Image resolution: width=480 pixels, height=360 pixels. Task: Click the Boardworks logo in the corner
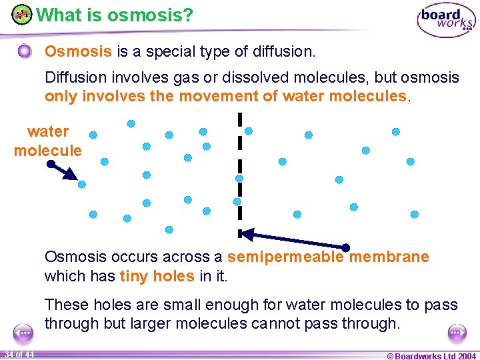coord(446,21)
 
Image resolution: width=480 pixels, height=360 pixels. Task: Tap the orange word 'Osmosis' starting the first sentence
coord(69,51)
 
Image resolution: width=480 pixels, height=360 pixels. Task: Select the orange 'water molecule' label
coord(47,141)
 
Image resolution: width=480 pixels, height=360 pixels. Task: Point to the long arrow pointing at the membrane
coord(293,240)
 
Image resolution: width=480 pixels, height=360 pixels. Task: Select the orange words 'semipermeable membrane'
coord(328,257)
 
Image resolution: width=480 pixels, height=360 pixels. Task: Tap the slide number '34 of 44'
coord(18,354)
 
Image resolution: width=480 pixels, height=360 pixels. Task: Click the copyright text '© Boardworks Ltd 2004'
coord(431,355)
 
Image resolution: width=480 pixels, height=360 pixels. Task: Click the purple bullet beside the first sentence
coord(25,51)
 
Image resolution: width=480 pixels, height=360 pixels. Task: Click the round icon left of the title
coord(21,14)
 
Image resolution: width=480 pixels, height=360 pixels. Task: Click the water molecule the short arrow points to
coord(82,185)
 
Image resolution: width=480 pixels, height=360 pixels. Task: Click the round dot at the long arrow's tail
coord(345,247)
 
